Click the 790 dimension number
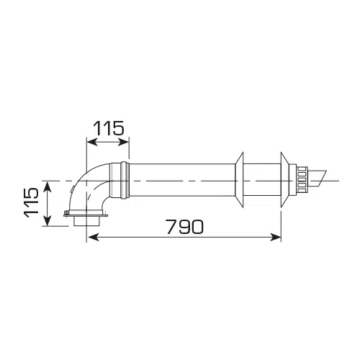point(185,227)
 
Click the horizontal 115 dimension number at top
point(109,128)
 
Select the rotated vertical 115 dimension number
point(32,202)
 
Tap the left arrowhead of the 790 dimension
point(93,238)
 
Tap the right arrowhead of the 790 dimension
point(275,238)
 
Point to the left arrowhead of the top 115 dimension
point(93,142)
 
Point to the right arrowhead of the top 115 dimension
point(123,142)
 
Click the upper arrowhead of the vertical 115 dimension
point(48,187)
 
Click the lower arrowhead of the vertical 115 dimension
point(48,220)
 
